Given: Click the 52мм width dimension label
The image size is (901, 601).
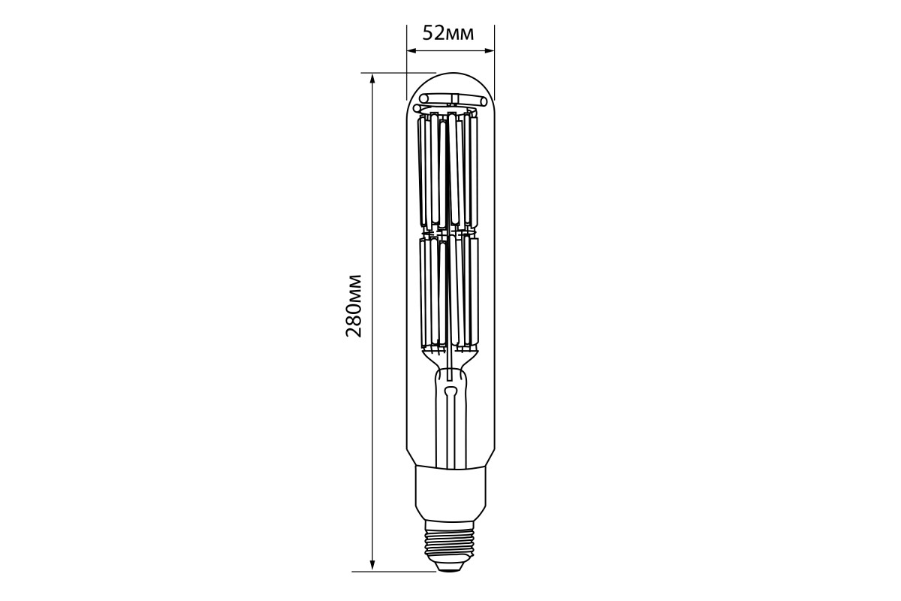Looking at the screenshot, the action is (448, 33).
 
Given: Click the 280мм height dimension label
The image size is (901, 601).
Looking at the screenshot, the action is (354, 306).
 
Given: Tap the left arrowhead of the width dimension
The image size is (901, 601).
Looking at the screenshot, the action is (411, 51).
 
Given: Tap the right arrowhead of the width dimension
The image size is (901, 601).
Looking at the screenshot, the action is (489, 51).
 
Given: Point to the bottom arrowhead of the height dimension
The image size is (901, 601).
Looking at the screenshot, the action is (372, 566).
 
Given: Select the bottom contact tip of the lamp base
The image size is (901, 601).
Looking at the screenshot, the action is (450, 566).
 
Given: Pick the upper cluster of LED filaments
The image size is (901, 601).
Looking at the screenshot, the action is (448, 173).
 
